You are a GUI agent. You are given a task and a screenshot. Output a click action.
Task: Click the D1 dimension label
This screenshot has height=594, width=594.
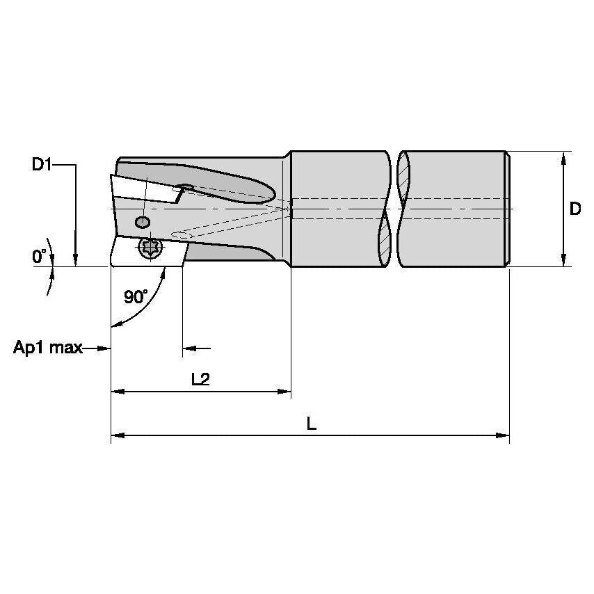[x=41, y=165]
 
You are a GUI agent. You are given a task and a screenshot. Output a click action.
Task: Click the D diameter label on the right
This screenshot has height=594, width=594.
[x=575, y=209]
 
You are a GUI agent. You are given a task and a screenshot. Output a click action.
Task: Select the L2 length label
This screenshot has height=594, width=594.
[x=200, y=379]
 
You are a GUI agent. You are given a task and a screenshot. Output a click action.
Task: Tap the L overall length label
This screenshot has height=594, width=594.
[x=311, y=423]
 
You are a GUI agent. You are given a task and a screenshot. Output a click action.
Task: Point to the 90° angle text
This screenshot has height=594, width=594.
[x=136, y=297]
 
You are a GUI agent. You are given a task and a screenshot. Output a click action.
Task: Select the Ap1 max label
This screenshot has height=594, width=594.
[x=47, y=347]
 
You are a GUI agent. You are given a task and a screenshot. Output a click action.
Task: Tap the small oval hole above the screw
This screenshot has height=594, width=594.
[x=142, y=222]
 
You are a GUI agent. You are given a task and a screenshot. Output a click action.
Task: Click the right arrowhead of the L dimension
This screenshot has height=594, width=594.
[x=504, y=435]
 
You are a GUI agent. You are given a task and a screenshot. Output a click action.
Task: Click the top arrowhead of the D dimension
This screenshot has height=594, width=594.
[x=563, y=156]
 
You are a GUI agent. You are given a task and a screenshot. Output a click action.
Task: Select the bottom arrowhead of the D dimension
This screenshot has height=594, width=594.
[x=563, y=260]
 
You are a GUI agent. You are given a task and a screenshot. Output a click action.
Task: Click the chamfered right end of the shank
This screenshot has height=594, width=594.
[x=508, y=209]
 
